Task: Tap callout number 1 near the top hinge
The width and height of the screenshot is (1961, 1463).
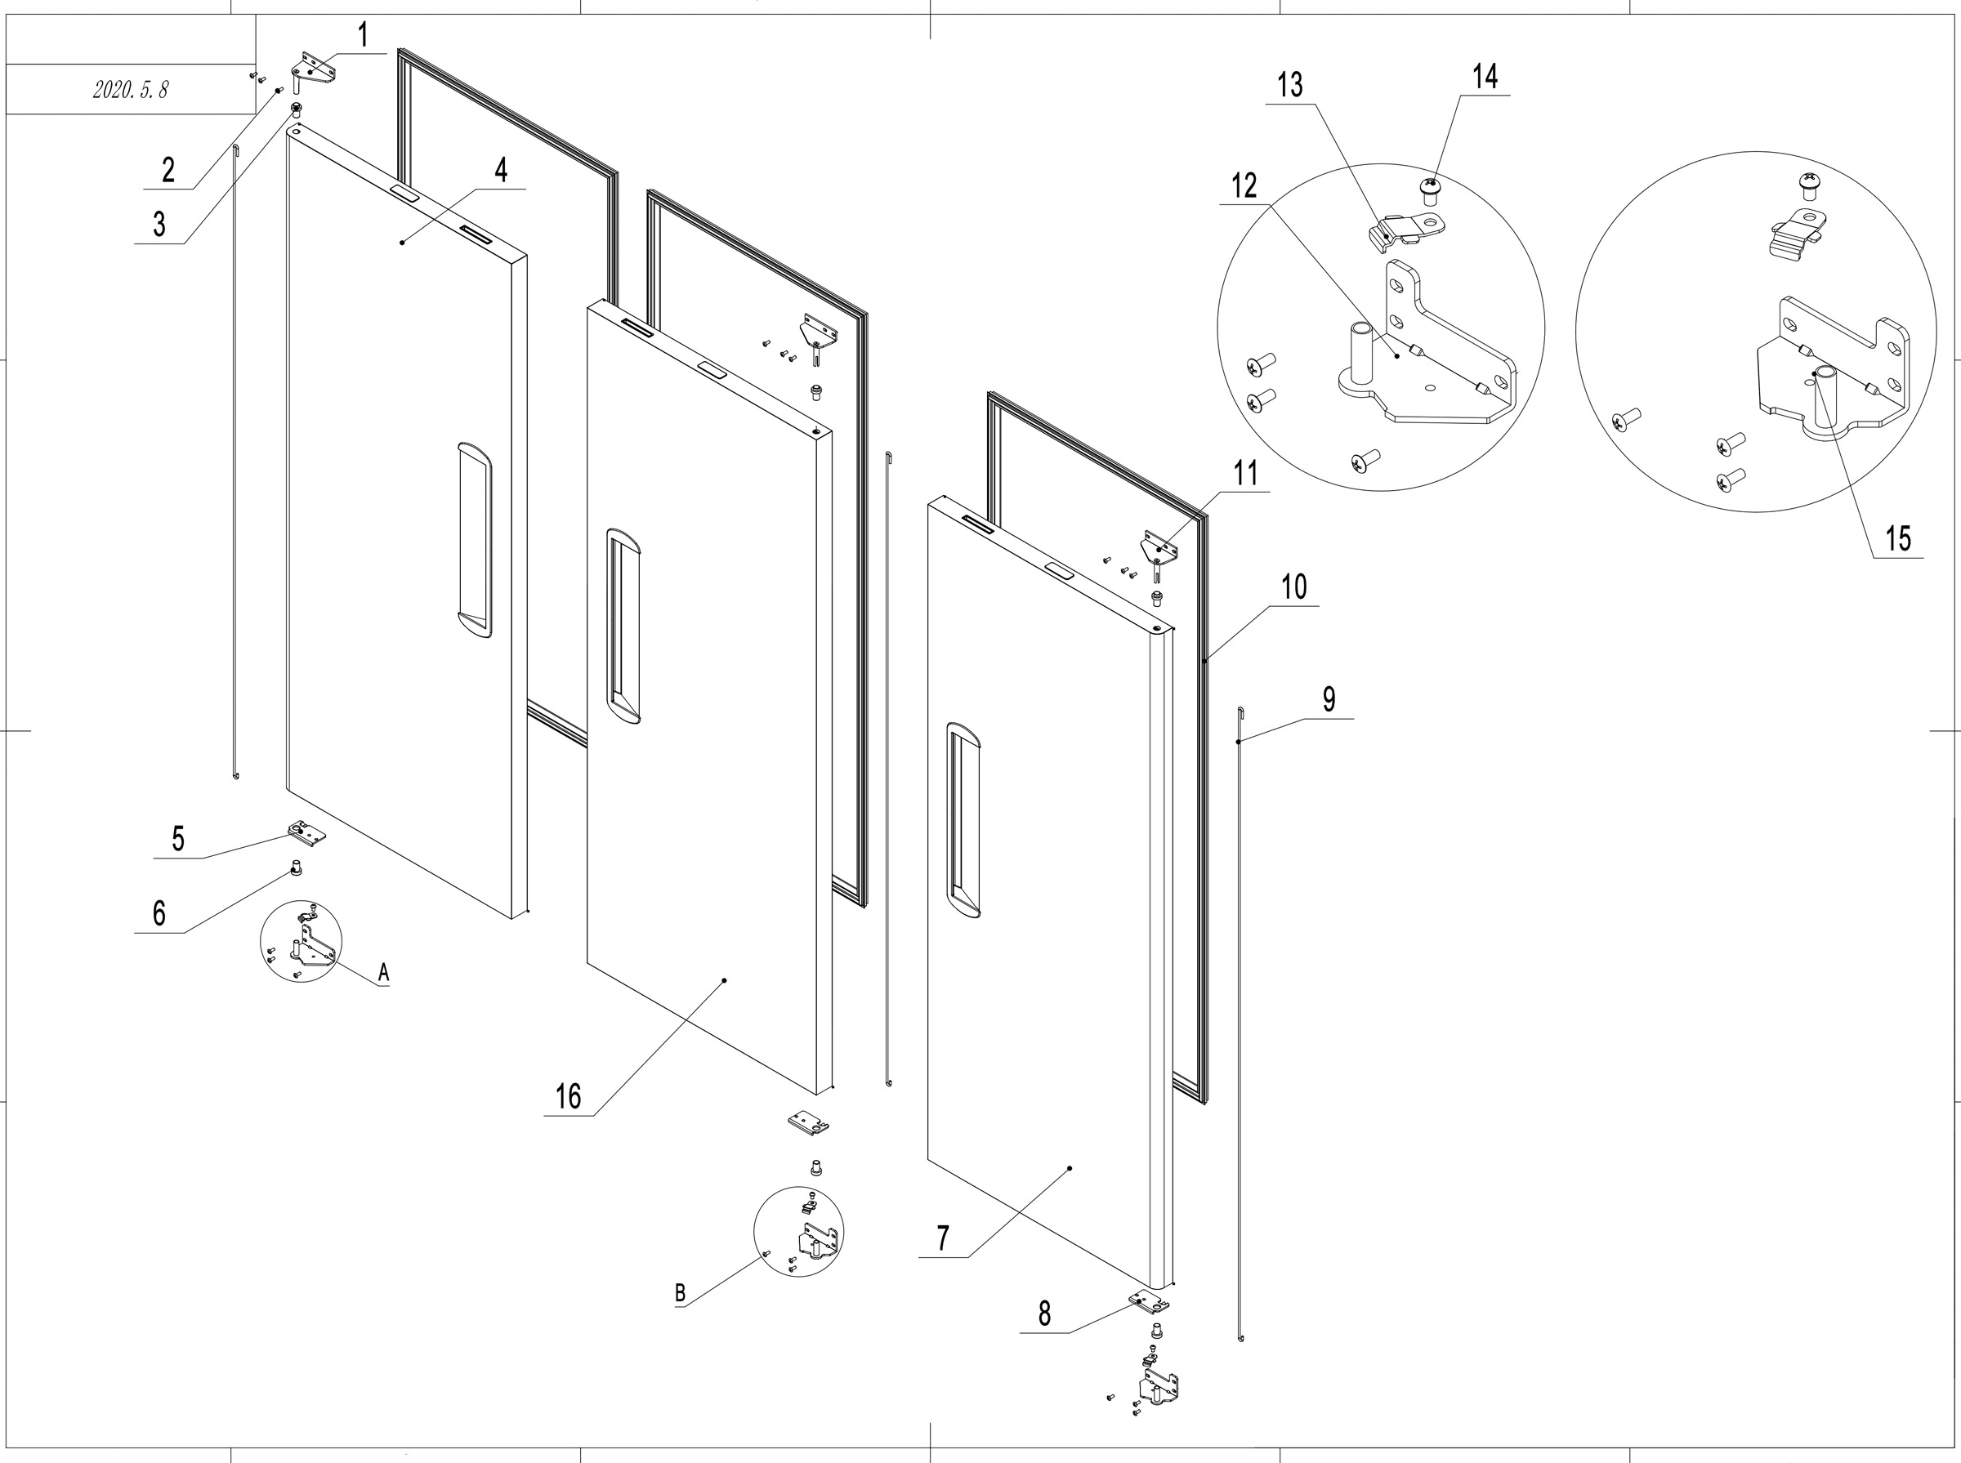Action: pyautogui.click(x=363, y=36)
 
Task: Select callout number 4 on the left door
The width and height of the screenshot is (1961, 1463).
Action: pyautogui.click(x=502, y=170)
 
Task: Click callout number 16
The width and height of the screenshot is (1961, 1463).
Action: pyautogui.click(x=568, y=1097)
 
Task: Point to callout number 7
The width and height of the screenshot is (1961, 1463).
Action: pyautogui.click(x=942, y=1238)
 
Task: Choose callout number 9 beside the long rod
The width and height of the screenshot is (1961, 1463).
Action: pyautogui.click(x=1329, y=699)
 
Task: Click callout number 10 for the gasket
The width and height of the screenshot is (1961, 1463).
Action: pyautogui.click(x=1294, y=587)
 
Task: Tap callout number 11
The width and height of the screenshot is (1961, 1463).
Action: pyautogui.click(x=1245, y=474)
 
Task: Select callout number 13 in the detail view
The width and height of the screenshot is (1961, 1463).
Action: pyautogui.click(x=1289, y=86)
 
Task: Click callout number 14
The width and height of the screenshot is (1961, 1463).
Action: pyautogui.click(x=1485, y=77)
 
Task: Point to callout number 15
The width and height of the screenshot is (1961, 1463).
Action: pyautogui.click(x=1897, y=538)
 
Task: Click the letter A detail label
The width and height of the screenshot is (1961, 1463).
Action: pyautogui.click(x=383, y=972)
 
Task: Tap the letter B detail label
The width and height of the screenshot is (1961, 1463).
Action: pyautogui.click(x=681, y=1294)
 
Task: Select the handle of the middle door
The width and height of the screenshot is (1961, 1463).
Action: pyautogui.click(x=623, y=626)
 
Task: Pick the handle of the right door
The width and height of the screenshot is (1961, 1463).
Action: pyautogui.click(x=963, y=819)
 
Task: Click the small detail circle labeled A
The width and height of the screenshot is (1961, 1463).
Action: pyautogui.click(x=302, y=941)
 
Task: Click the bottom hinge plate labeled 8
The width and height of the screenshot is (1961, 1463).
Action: pyautogui.click(x=1149, y=1303)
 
